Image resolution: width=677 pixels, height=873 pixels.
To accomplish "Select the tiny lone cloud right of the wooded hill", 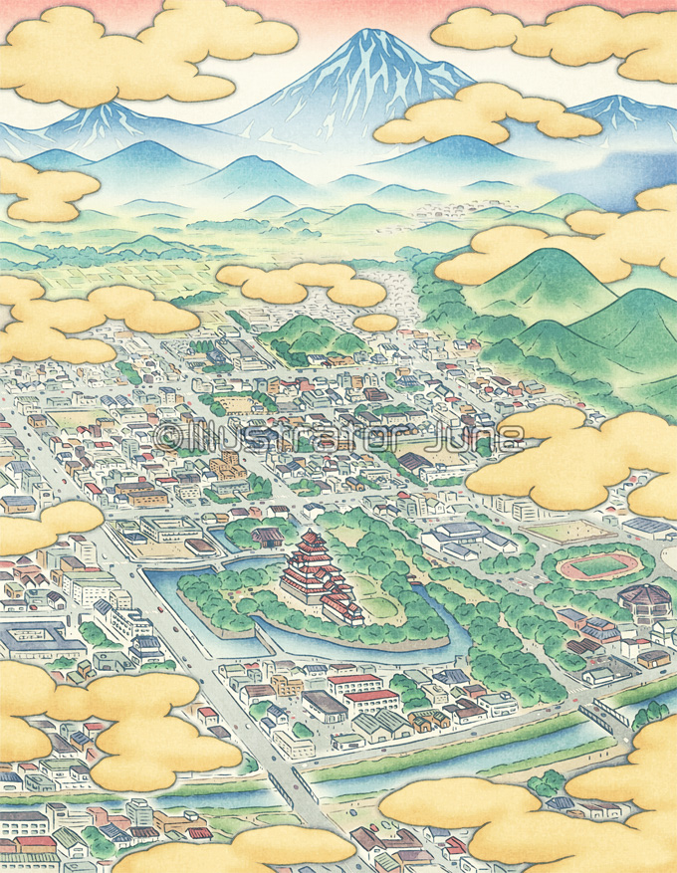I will click(375, 323).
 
